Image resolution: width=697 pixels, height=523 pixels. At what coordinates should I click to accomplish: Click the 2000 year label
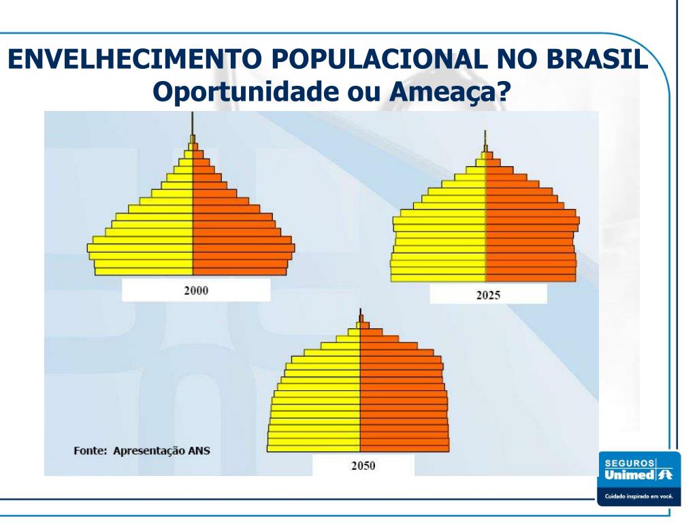[x=196, y=290]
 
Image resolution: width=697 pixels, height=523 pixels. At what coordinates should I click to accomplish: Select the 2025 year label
[x=488, y=295]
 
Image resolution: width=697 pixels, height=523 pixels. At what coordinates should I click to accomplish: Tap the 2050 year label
[x=363, y=466]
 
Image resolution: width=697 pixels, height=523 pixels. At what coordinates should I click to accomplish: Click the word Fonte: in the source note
[x=91, y=450]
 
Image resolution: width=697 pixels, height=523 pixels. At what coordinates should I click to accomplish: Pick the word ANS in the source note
[x=198, y=450]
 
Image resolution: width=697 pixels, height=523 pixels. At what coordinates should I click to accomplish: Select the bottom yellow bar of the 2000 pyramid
[x=144, y=271]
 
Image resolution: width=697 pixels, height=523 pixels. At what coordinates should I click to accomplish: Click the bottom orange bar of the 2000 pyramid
[x=240, y=271]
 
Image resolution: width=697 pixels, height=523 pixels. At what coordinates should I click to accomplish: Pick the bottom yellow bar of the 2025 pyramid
[x=438, y=276]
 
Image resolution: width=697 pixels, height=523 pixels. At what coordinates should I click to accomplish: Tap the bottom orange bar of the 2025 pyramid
[x=530, y=276]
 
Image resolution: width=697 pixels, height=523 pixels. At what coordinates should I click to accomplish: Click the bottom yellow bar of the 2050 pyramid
[x=313, y=447]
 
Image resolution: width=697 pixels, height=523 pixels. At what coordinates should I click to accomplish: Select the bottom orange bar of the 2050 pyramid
[x=404, y=447]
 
